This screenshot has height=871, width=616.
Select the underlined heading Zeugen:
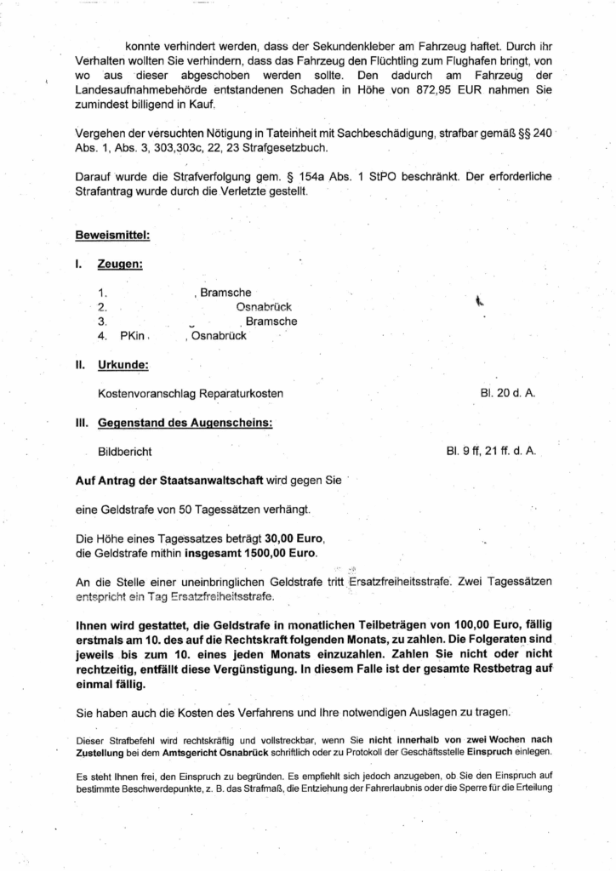click(120, 265)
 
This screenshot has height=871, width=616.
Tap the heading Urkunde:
click(124, 366)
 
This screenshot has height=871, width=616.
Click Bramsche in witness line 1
click(225, 292)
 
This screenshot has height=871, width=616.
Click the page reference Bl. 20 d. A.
click(508, 394)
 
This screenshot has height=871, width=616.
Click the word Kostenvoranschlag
click(149, 394)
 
